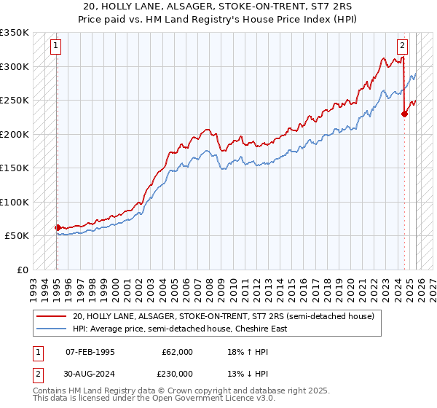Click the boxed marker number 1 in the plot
56,46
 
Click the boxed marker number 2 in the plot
402,46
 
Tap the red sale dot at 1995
57,227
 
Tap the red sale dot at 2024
405,113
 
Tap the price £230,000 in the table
177,373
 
